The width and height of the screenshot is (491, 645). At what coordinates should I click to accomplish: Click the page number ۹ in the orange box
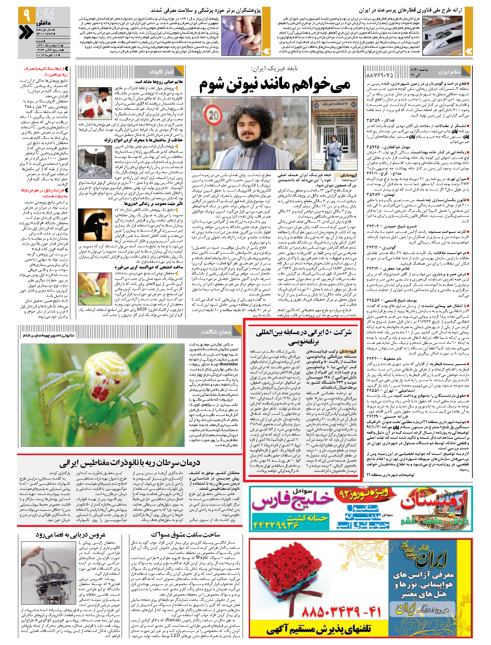pyautogui.click(x=27, y=15)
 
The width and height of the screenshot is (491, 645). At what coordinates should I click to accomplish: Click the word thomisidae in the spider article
pyautogui.click(x=229, y=364)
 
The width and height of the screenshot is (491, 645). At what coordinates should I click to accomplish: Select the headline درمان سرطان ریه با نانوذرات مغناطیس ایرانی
pyautogui.click(x=130, y=463)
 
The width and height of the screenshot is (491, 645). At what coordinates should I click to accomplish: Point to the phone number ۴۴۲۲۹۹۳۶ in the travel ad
pyautogui.click(x=276, y=525)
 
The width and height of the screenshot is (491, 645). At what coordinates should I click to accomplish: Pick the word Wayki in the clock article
pyautogui.click(x=202, y=557)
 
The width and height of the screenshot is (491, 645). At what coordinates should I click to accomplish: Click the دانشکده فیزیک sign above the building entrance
pyautogui.click(x=334, y=105)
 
